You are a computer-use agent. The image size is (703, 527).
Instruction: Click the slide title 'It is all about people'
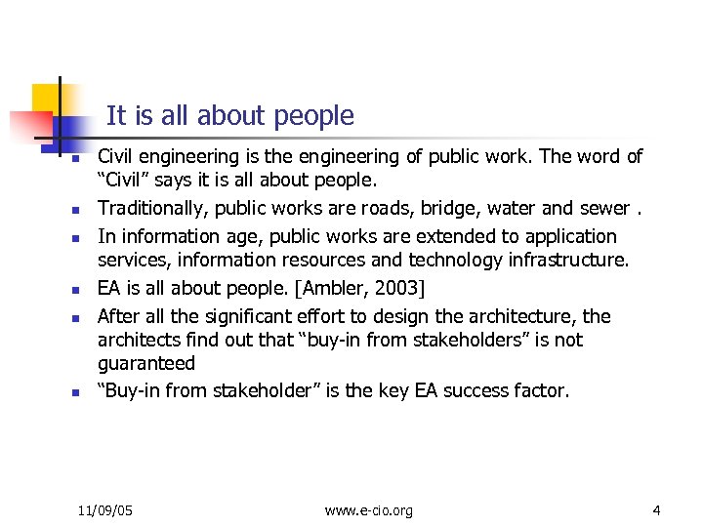tap(229, 116)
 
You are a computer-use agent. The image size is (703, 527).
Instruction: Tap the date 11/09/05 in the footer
tap(105, 510)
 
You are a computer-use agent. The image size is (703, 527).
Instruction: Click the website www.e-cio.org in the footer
tap(369, 510)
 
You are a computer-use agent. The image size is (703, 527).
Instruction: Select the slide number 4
tap(657, 510)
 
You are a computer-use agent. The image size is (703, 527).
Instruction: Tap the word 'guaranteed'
tap(146, 363)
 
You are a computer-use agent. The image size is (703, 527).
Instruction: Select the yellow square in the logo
tap(45, 100)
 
